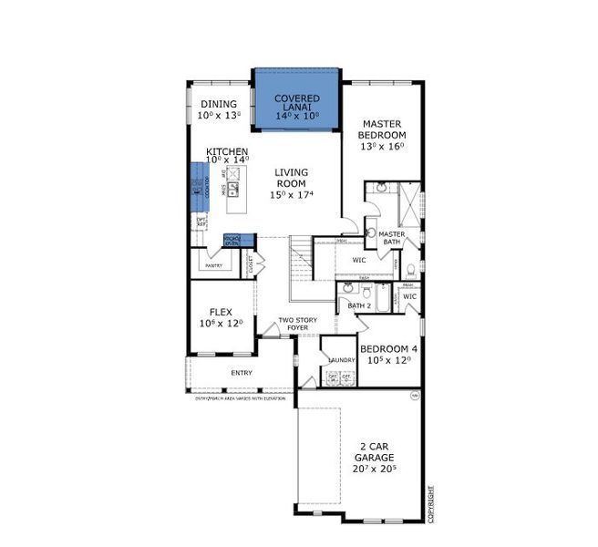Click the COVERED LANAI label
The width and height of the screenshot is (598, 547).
click(296, 104)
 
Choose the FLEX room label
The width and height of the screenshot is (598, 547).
click(221, 317)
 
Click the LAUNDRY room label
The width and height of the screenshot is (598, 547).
click(341, 360)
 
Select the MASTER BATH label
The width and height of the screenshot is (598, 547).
click(391, 237)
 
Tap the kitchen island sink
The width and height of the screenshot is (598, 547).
click(233, 190)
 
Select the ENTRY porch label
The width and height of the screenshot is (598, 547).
click(242, 372)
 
